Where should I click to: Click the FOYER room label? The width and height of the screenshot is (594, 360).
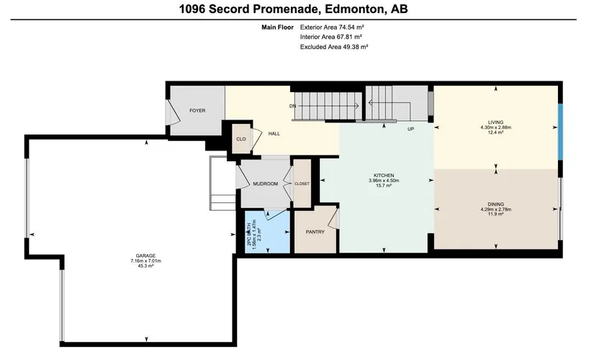[x=197, y=111]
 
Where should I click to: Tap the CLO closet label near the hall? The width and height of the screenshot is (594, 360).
[x=241, y=139]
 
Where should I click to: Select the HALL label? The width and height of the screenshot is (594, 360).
[x=274, y=133]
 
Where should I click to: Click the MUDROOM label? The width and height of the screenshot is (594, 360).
[x=265, y=184]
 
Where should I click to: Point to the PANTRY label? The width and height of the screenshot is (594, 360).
[x=315, y=232]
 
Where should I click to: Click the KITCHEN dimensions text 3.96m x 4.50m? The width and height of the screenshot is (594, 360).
[x=384, y=181]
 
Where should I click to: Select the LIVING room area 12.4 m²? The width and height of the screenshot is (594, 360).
[x=495, y=132]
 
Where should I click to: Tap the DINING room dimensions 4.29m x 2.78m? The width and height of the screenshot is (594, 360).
[x=496, y=210]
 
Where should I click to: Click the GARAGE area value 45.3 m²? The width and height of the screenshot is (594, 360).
[x=146, y=266]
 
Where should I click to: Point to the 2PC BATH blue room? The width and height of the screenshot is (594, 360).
[x=267, y=233]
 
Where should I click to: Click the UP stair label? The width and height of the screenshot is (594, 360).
[x=410, y=129]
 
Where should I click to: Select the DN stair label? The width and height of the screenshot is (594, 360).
[x=292, y=106]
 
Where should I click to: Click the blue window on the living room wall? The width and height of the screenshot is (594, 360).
[x=560, y=132]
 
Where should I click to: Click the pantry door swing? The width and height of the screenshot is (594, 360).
[x=333, y=218]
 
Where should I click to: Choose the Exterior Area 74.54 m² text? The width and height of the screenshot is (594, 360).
[x=332, y=27]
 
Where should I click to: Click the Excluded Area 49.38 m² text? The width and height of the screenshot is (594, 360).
[x=334, y=47]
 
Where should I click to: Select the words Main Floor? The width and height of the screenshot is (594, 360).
[x=278, y=27]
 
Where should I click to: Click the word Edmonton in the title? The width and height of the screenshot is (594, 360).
[x=354, y=9]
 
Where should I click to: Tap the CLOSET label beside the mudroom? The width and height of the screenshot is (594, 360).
[x=302, y=184]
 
